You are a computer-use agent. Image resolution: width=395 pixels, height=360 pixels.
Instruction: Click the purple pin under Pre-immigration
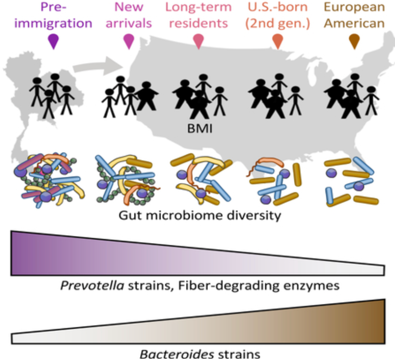tap(53, 41)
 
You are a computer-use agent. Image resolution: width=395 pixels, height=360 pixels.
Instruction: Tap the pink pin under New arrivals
tap(128, 41)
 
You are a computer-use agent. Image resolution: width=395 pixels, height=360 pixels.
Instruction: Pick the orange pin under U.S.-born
tap(277, 41)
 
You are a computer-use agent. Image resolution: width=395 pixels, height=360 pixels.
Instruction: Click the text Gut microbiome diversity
tap(198, 215)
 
